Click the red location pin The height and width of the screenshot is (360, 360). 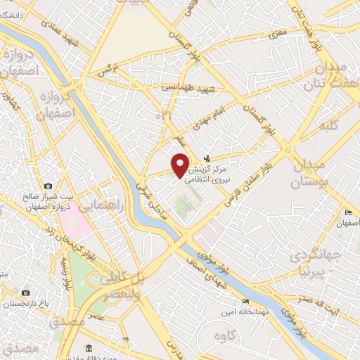point(181,165)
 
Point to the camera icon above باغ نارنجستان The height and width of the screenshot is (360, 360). point(25,292)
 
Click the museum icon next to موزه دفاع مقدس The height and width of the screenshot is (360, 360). point(89,349)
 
